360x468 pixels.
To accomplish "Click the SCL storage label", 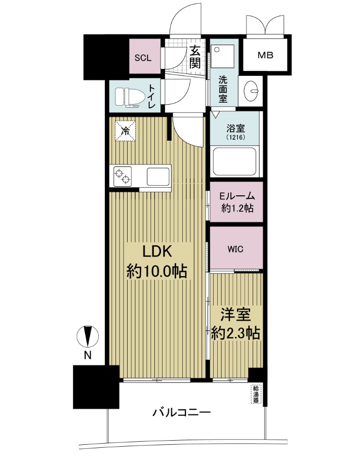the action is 143,58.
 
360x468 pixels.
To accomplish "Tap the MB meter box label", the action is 266,55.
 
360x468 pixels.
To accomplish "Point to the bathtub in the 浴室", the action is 235,161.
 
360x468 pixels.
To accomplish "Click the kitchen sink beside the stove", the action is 158,176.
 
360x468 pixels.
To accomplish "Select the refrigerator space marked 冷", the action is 126,131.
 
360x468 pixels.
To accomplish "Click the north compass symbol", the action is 87,336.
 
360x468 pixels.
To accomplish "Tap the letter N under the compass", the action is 87,356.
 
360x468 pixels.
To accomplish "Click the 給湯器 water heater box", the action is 256,394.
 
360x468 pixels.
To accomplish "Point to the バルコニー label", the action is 182,413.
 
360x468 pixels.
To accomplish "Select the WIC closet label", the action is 235,249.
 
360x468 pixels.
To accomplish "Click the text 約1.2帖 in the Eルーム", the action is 237,208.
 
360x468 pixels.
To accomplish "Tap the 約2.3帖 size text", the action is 235,333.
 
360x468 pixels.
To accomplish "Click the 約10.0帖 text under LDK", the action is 156,272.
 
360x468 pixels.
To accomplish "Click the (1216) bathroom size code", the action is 236,138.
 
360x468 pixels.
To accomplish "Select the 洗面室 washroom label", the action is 223,89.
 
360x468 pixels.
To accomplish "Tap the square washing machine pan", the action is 223,56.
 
